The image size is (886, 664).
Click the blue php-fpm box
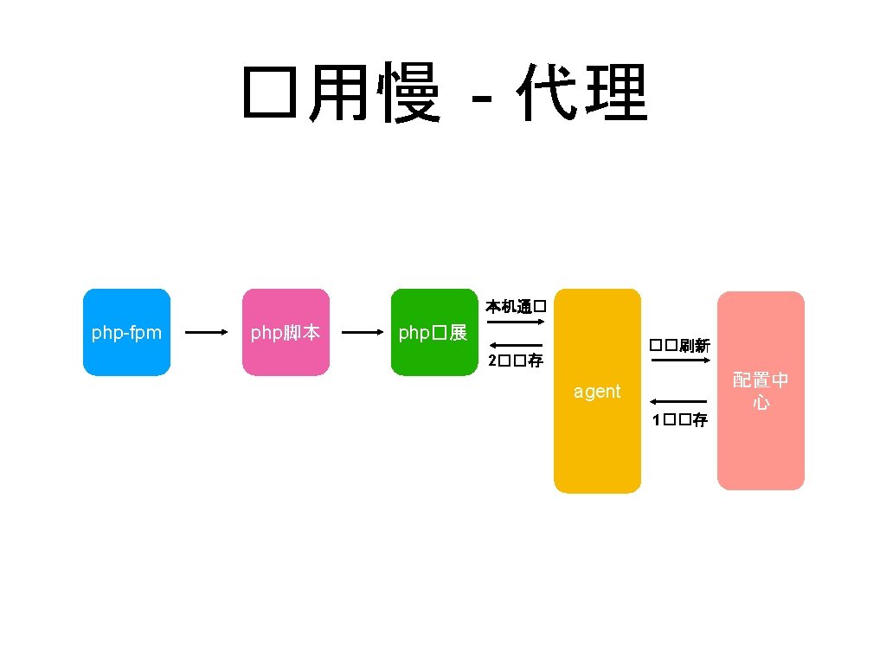[x=126, y=332]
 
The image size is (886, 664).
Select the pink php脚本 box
[x=286, y=332]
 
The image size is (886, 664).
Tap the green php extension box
[x=433, y=332]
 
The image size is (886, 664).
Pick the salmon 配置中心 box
[x=761, y=391]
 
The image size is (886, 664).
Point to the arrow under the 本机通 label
[x=515, y=322]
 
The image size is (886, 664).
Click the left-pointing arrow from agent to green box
[x=515, y=346]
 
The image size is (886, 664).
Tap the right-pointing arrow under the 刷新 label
[x=680, y=360]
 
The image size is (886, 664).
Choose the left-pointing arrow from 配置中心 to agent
[x=678, y=402]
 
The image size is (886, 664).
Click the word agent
[x=597, y=392]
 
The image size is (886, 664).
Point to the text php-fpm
[x=126, y=332]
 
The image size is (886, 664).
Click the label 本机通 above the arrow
[x=515, y=307]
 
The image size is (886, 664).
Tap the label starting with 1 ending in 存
[x=680, y=420]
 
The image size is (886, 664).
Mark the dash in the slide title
[x=488, y=98]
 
